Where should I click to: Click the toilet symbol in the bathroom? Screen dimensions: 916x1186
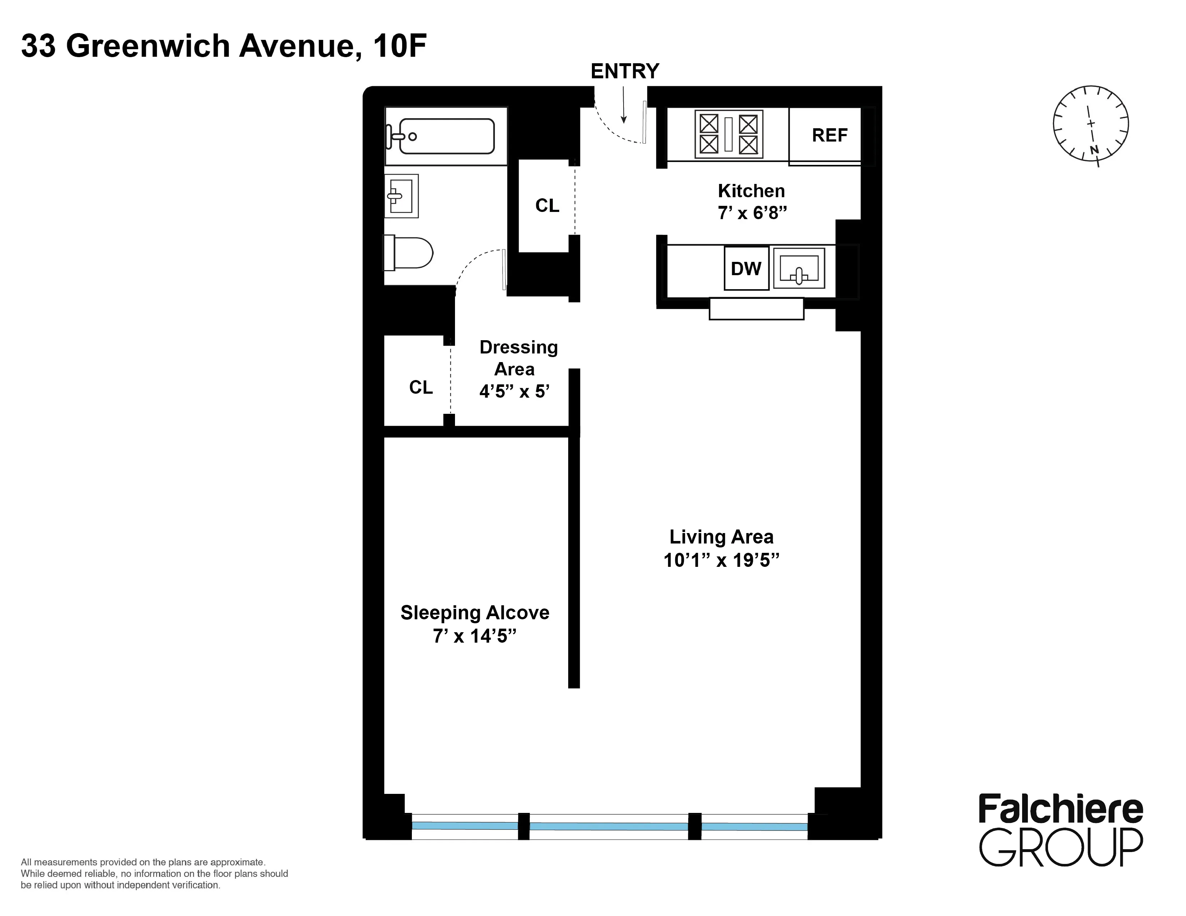(x=408, y=252)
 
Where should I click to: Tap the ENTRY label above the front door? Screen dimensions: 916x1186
(x=625, y=71)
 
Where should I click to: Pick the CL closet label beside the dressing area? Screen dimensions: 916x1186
(x=421, y=388)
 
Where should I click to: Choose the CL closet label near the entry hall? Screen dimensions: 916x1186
(x=547, y=206)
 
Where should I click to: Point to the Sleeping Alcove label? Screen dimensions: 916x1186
(x=475, y=613)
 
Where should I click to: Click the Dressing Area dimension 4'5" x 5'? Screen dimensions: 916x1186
(x=514, y=391)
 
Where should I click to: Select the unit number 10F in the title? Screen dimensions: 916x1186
(x=399, y=46)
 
